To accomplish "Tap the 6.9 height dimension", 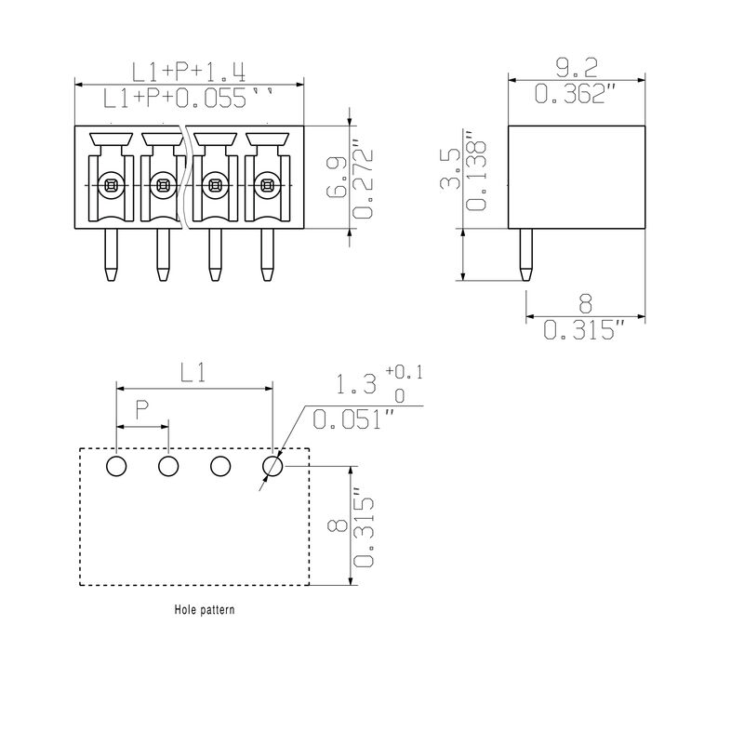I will click(337, 177).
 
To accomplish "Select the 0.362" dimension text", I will click(577, 93).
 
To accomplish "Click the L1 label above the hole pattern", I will click(193, 373).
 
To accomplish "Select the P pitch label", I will click(141, 409).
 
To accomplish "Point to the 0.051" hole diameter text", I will click(349, 420).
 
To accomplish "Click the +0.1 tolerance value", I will click(404, 373).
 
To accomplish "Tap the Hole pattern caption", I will click(205, 611).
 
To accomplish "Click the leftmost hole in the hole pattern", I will click(116, 466).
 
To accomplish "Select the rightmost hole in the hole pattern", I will click(272, 466).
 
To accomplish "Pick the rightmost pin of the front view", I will click(267, 256).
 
